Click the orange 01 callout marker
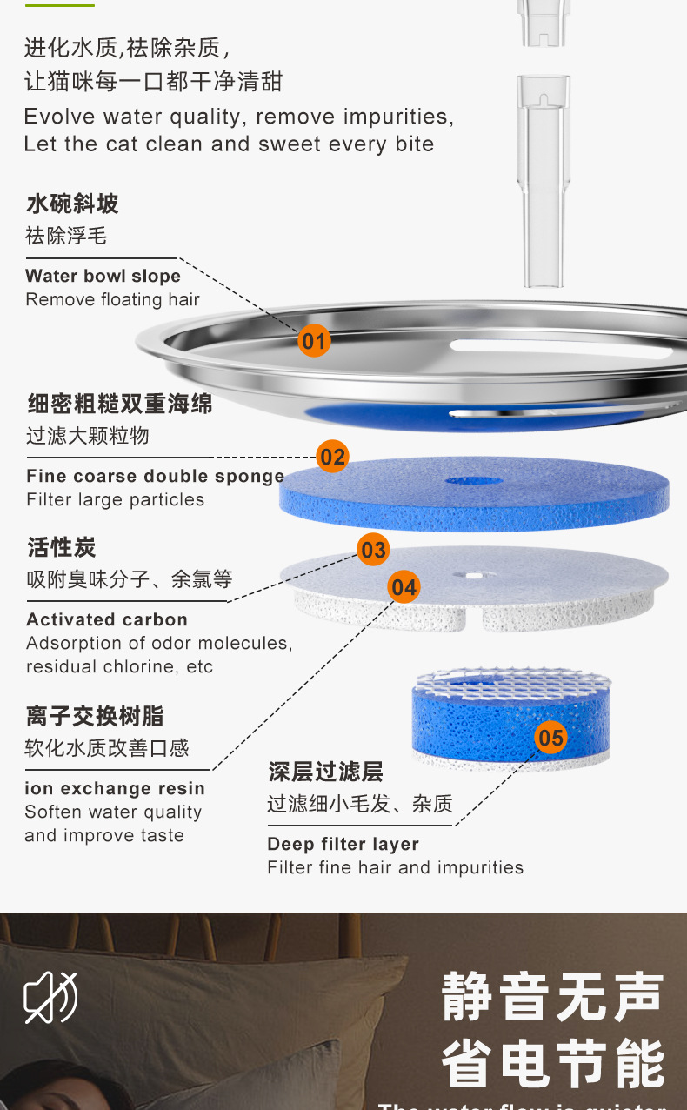(x=314, y=339)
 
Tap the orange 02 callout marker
(x=332, y=456)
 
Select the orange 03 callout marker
(x=373, y=550)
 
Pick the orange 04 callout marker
(x=404, y=587)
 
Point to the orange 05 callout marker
(x=550, y=739)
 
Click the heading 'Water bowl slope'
(x=103, y=277)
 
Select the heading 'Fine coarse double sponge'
(x=156, y=477)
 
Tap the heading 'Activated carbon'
(x=107, y=620)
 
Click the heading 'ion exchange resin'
(x=115, y=789)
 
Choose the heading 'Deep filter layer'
(x=343, y=845)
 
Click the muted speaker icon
(x=50, y=997)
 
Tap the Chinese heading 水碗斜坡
(x=72, y=204)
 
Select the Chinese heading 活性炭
(x=61, y=548)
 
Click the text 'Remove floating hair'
(x=113, y=300)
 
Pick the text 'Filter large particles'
(x=116, y=500)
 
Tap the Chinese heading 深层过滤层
(x=325, y=772)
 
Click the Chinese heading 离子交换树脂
(x=95, y=717)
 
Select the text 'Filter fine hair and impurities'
(x=396, y=868)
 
